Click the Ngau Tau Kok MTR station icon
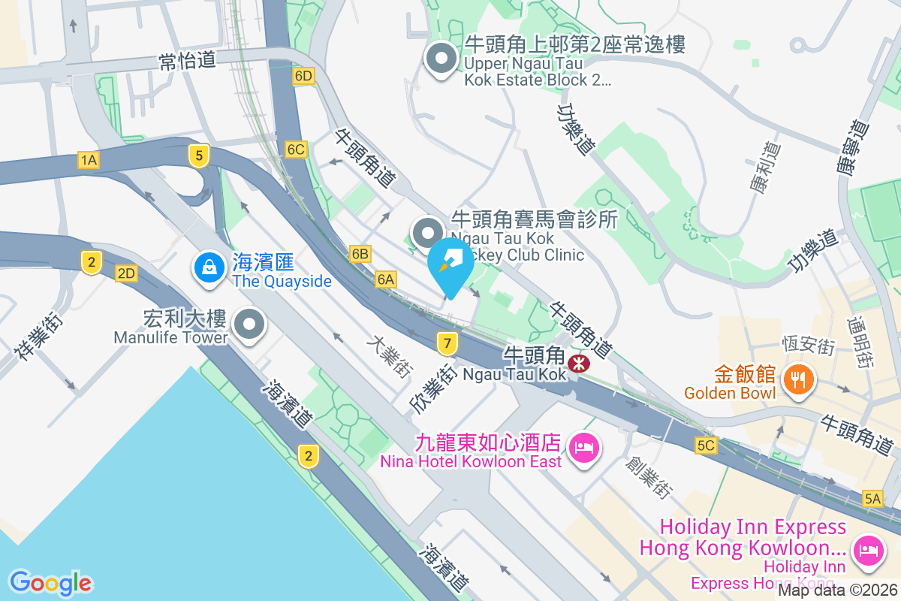(x=579, y=364)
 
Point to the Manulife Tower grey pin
(x=249, y=325)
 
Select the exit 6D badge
(x=303, y=77)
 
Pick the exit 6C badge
(x=296, y=149)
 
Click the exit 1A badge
(x=89, y=159)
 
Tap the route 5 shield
(x=198, y=156)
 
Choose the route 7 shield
(x=447, y=344)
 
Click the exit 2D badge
(x=126, y=273)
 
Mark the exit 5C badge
(x=706, y=445)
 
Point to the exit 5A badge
(x=872, y=497)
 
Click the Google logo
(x=50, y=583)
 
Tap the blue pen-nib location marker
(x=451, y=263)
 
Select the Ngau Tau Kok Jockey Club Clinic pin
(x=429, y=231)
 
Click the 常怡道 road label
(x=188, y=61)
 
